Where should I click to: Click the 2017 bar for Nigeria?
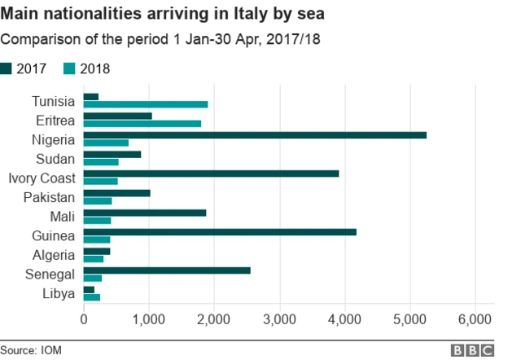[x=255, y=135]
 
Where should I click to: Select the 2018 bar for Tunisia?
[x=146, y=105]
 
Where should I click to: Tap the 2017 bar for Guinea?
[x=220, y=232]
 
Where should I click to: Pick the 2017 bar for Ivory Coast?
[x=211, y=173]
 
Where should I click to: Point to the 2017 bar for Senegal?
[x=167, y=270]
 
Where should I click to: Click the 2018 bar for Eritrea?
[x=142, y=124]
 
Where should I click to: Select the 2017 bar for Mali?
[x=145, y=213]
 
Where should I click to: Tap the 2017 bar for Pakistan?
[x=117, y=193]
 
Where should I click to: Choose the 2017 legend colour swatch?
[x=7, y=69]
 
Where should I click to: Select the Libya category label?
[x=59, y=293]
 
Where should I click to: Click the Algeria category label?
[x=55, y=255]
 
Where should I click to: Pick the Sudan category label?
[x=56, y=159]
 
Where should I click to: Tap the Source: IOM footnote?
[x=31, y=350]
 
